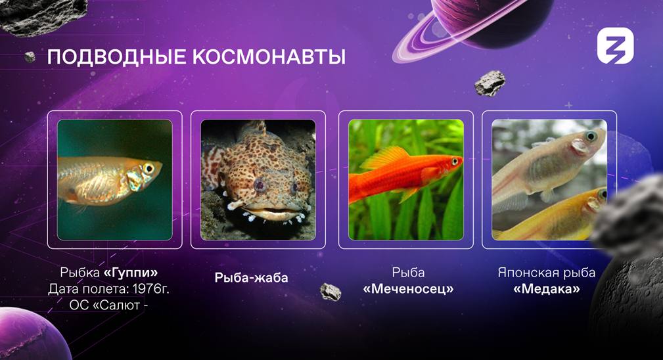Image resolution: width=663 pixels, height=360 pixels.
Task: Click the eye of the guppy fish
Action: pyautogui.click(x=149, y=169)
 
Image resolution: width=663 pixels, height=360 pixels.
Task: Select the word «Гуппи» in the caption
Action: pyautogui.click(x=131, y=273)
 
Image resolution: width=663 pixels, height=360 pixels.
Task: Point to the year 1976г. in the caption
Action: pyautogui.click(x=150, y=288)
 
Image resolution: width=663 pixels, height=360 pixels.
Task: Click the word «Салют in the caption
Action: pyautogui.click(x=116, y=305)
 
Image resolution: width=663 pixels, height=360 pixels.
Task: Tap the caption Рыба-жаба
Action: pyautogui.click(x=251, y=278)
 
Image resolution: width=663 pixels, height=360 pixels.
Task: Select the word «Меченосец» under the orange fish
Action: pyautogui.click(x=408, y=289)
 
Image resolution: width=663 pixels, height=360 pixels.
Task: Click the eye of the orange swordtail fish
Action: pyautogui.click(x=455, y=162)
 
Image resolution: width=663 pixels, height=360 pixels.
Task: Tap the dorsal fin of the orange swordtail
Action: pyautogui.click(x=385, y=157)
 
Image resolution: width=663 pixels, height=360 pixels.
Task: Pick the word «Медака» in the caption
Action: pyautogui.click(x=546, y=289)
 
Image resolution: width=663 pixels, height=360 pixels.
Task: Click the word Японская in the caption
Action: pyautogui.click(x=524, y=273)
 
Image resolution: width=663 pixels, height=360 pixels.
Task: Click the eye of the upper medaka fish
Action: pyautogui.click(x=591, y=137)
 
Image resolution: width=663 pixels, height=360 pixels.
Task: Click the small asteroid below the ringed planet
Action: pyautogui.click(x=490, y=83)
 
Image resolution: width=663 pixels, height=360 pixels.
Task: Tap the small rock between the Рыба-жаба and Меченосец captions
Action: pyautogui.click(x=331, y=292)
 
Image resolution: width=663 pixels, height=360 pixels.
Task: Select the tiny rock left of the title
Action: pyautogui.click(x=30, y=57)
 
